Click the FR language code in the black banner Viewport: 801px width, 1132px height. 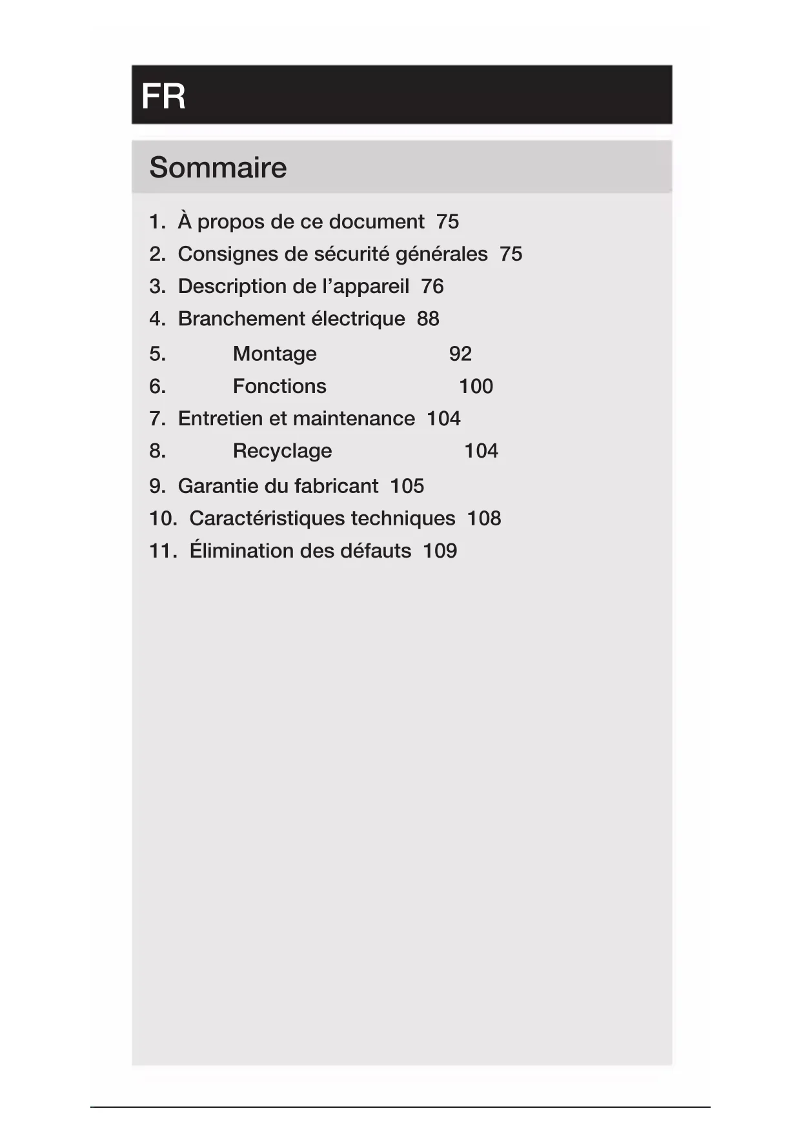point(163,96)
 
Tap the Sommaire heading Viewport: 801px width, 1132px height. point(218,167)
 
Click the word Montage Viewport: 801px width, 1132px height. point(274,354)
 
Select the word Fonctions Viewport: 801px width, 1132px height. point(279,386)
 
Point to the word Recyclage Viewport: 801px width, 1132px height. point(282,450)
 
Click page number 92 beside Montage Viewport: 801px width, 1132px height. point(460,354)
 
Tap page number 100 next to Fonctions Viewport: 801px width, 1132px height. point(476,386)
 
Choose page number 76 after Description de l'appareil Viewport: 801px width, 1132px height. point(432,286)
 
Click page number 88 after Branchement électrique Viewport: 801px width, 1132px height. point(428,318)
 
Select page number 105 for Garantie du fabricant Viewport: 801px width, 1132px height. point(407,486)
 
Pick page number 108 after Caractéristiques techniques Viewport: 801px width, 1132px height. point(484,518)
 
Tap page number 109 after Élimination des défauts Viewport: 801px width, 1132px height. point(440,551)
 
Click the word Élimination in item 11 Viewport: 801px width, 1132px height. point(235,551)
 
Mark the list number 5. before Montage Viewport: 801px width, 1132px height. point(157,354)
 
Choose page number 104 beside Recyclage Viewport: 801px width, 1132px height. point(481,450)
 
